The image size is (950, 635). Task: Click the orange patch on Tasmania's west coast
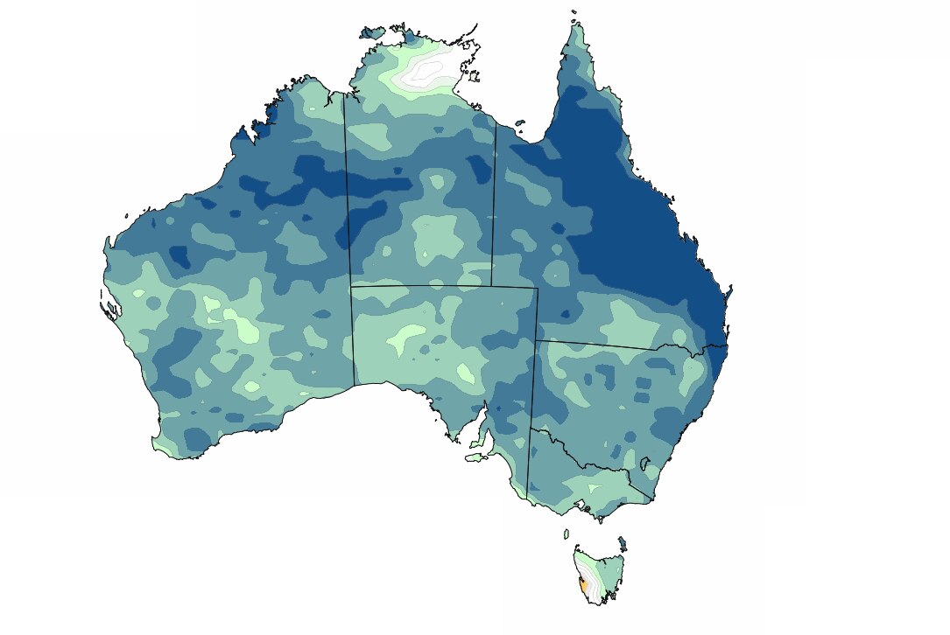point(581,583)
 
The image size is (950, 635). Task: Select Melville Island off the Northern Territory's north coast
point(372,33)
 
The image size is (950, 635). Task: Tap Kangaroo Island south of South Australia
point(475,456)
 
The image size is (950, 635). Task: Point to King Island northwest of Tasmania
point(566,534)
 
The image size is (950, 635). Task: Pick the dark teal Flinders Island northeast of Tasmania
point(622,542)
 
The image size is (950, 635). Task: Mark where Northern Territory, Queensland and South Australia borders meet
point(491,285)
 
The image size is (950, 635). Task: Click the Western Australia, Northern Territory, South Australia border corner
point(350,285)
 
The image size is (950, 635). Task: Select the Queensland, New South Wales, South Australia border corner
point(536,340)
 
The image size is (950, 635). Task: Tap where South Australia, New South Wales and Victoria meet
point(531,429)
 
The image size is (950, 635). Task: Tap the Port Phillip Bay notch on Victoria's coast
point(579,504)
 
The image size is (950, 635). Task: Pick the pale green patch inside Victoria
point(595,487)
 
